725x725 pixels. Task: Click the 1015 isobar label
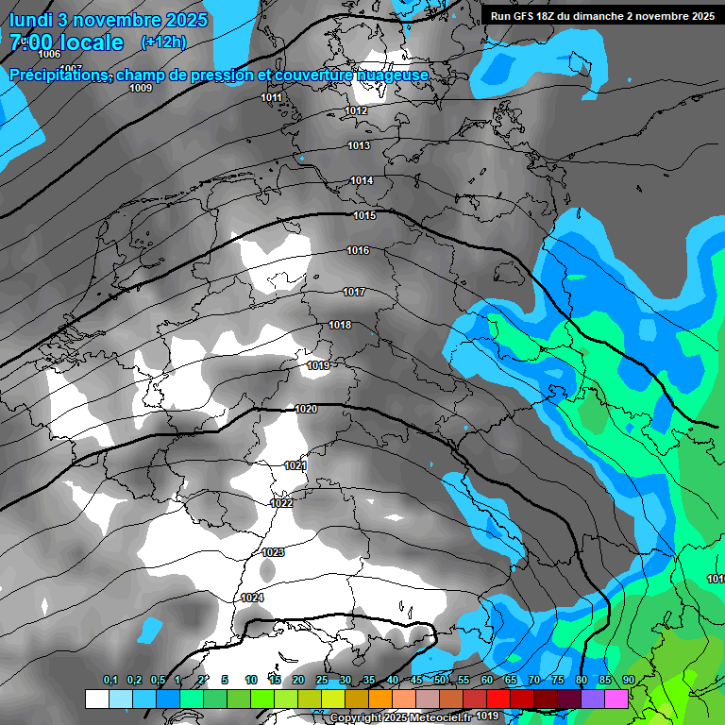tap(364, 216)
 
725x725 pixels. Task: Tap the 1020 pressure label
tap(306, 409)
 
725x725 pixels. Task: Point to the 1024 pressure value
tap(252, 598)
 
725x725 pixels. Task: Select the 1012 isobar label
tap(356, 111)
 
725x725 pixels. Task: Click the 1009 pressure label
tap(141, 88)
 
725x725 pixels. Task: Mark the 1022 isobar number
tap(281, 503)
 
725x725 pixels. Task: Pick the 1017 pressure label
tap(354, 293)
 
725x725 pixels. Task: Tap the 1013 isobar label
tap(359, 145)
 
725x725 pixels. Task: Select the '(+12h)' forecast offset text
tap(163, 42)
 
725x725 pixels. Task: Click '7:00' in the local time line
tap(32, 42)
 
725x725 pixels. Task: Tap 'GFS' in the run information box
tap(529, 16)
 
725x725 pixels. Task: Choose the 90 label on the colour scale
tap(628, 680)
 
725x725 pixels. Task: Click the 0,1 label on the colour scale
tap(110, 680)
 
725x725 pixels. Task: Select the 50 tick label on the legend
tap(440, 680)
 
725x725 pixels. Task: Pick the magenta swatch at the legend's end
tap(616, 699)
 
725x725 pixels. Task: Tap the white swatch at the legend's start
tap(96, 699)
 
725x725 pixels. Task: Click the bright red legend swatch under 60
tap(497, 699)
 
